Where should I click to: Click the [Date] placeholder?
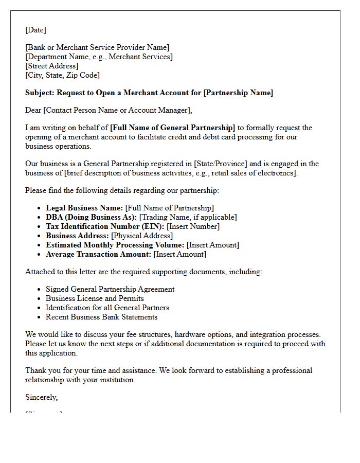tap(35, 30)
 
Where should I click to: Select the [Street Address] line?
tap(51, 66)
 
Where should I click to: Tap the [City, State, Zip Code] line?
tap(62, 75)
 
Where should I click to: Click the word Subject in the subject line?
tap(39, 93)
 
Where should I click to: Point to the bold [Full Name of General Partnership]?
tap(172, 128)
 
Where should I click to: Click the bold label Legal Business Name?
tap(84, 208)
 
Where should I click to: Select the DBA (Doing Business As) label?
tap(91, 217)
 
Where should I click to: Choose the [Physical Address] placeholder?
tap(142, 236)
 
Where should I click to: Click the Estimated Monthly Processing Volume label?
tap(115, 245)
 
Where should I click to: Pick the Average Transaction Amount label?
tap(99, 254)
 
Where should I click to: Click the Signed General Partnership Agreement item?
tap(110, 289)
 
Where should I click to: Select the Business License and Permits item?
tap(95, 298)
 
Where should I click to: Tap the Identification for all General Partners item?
tap(107, 308)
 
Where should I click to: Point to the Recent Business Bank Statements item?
tap(101, 317)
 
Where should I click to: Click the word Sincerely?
tap(41, 397)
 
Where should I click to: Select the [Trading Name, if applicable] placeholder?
tap(188, 217)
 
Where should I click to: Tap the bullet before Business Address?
tap(40, 236)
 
